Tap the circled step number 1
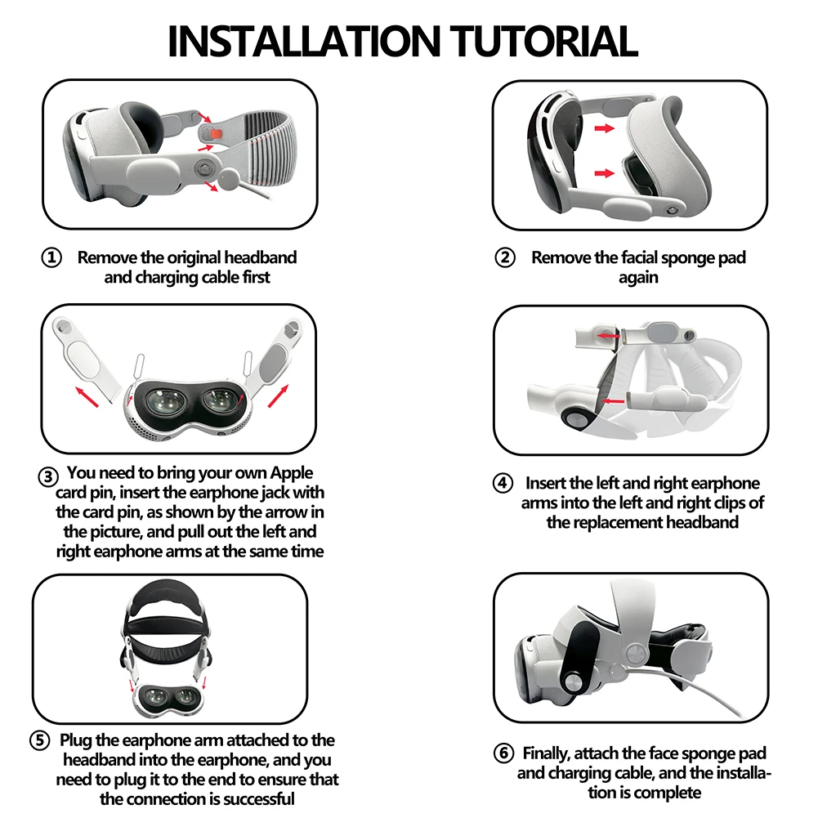pos(51,258)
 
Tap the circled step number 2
pos(506,258)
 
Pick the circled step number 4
pos(503,483)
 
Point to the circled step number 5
pos(40,741)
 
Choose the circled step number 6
pos(504,753)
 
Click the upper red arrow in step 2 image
pos(604,128)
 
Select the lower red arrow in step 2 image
pos(604,172)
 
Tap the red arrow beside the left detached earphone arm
pos(91,398)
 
